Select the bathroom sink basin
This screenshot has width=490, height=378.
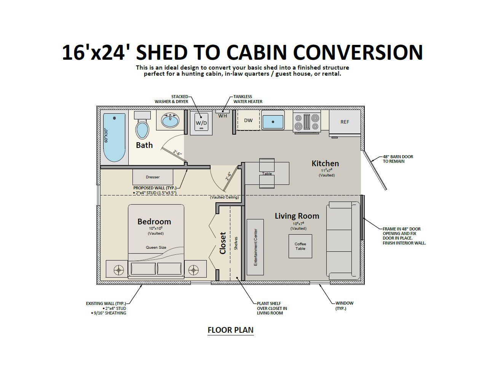[x=170, y=121]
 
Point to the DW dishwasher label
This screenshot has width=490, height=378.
[x=248, y=121]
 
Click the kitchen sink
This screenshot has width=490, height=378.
[x=273, y=121]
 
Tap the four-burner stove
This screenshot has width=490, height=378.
[x=306, y=122]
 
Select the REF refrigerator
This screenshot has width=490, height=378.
[x=345, y=122]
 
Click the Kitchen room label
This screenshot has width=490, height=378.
[x=325, y=164]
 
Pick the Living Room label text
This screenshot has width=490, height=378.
[x=297, y=216]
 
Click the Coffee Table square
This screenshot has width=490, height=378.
[x=300, y=246]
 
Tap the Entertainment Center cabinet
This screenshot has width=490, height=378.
[x=255, y=247]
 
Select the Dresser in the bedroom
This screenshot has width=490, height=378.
[x=153, y=177]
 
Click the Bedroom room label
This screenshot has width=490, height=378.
[x=154, y=222]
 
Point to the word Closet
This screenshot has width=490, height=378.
[x=223, y=243]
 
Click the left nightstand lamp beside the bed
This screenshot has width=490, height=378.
[x=120, y=270]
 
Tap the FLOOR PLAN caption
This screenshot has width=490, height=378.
[x=230, y=330]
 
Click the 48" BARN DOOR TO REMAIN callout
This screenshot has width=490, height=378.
[x=398, y=159]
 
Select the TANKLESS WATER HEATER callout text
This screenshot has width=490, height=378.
[x=248, y=99]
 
